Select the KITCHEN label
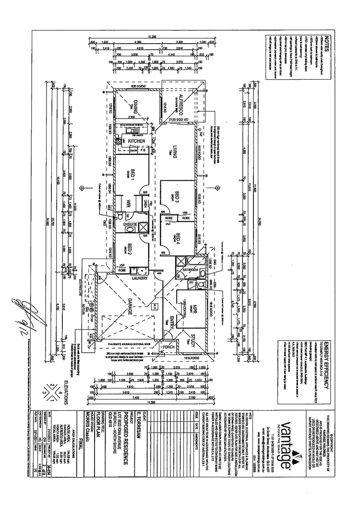tap(137, 142)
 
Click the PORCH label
tap(168, 346)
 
